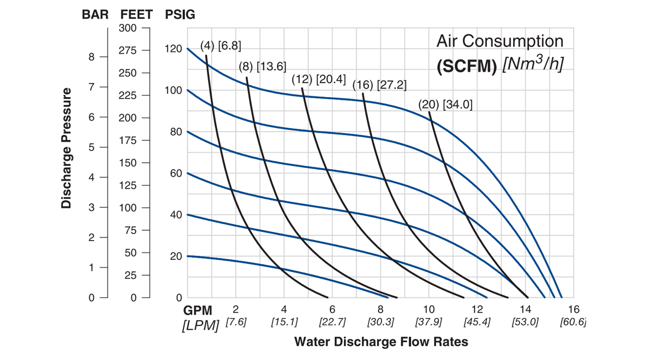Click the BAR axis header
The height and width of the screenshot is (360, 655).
click(x=95, y=15)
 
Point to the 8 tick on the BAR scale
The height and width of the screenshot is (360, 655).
click(x=91, y=57)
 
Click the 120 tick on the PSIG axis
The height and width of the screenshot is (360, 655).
click(x=173, y=49)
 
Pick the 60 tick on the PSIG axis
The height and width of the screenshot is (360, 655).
click(x=175, y=173)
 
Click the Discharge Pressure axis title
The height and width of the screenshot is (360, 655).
click(x=67, y=148)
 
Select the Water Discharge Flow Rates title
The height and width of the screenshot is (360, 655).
click(x=380, y=342)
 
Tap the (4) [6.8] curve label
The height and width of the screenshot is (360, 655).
click(x=221, y=45)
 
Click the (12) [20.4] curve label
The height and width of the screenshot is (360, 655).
click(x=318, y=80)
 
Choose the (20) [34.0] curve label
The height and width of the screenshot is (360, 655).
click(x=445, y=104)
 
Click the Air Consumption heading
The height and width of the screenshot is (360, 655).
click(x=499, y=41)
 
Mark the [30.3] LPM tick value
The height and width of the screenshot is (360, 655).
click(x=380, y=322)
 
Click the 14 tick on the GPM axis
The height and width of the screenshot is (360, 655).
click(x=525, y=309)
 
